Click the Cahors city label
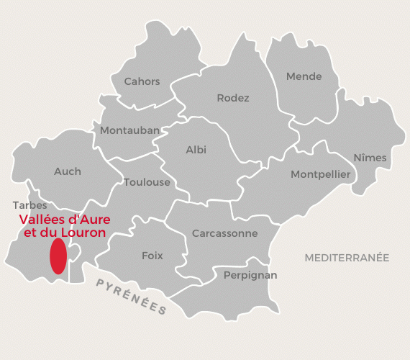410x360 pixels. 142,82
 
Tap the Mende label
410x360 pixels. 304,77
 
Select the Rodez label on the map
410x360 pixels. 233,98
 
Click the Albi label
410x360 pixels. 196,150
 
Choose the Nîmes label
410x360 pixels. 370,158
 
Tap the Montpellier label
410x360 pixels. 320,175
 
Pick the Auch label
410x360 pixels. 68,171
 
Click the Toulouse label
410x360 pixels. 147,182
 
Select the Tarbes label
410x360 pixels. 29,205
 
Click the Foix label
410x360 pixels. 152,256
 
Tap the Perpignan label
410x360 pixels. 250,275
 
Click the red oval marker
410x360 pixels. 58,257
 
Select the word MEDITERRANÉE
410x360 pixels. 347,257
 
